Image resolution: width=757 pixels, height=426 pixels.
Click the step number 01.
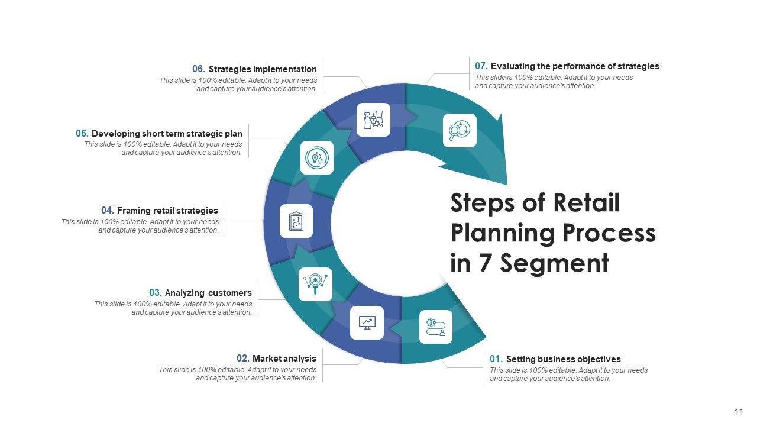[x=496, y=359]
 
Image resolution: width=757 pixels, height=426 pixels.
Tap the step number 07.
[x=481, y=66]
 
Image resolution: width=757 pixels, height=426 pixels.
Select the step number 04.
[x=107, y=211]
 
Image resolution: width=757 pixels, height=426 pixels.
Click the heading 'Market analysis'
[x=284, y=359]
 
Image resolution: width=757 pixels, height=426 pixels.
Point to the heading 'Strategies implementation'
[x=263, y=69]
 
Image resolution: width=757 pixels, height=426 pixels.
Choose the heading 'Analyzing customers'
[x=208, y=293]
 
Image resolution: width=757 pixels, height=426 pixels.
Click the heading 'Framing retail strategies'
[x=167, y=211]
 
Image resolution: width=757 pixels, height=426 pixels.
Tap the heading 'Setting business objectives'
[x=563, y=359]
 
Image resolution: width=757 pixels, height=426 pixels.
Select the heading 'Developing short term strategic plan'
[x=167, y=134]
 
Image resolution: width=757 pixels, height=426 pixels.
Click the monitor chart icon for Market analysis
[x=367, y=322]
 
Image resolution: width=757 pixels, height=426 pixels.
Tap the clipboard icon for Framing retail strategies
[x=296, y=221]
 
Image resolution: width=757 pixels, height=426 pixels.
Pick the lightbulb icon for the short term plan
[x=316, y=157]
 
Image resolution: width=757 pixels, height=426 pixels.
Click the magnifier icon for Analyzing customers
[x=315, y=284]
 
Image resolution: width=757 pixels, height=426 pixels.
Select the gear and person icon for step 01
[x=436, y=327]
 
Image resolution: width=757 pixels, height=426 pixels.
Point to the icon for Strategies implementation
[x=373, y=120]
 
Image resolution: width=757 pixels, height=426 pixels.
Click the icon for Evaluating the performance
[x=460, y=130]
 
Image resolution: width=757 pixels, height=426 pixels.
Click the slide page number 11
[x=739, y=412]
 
